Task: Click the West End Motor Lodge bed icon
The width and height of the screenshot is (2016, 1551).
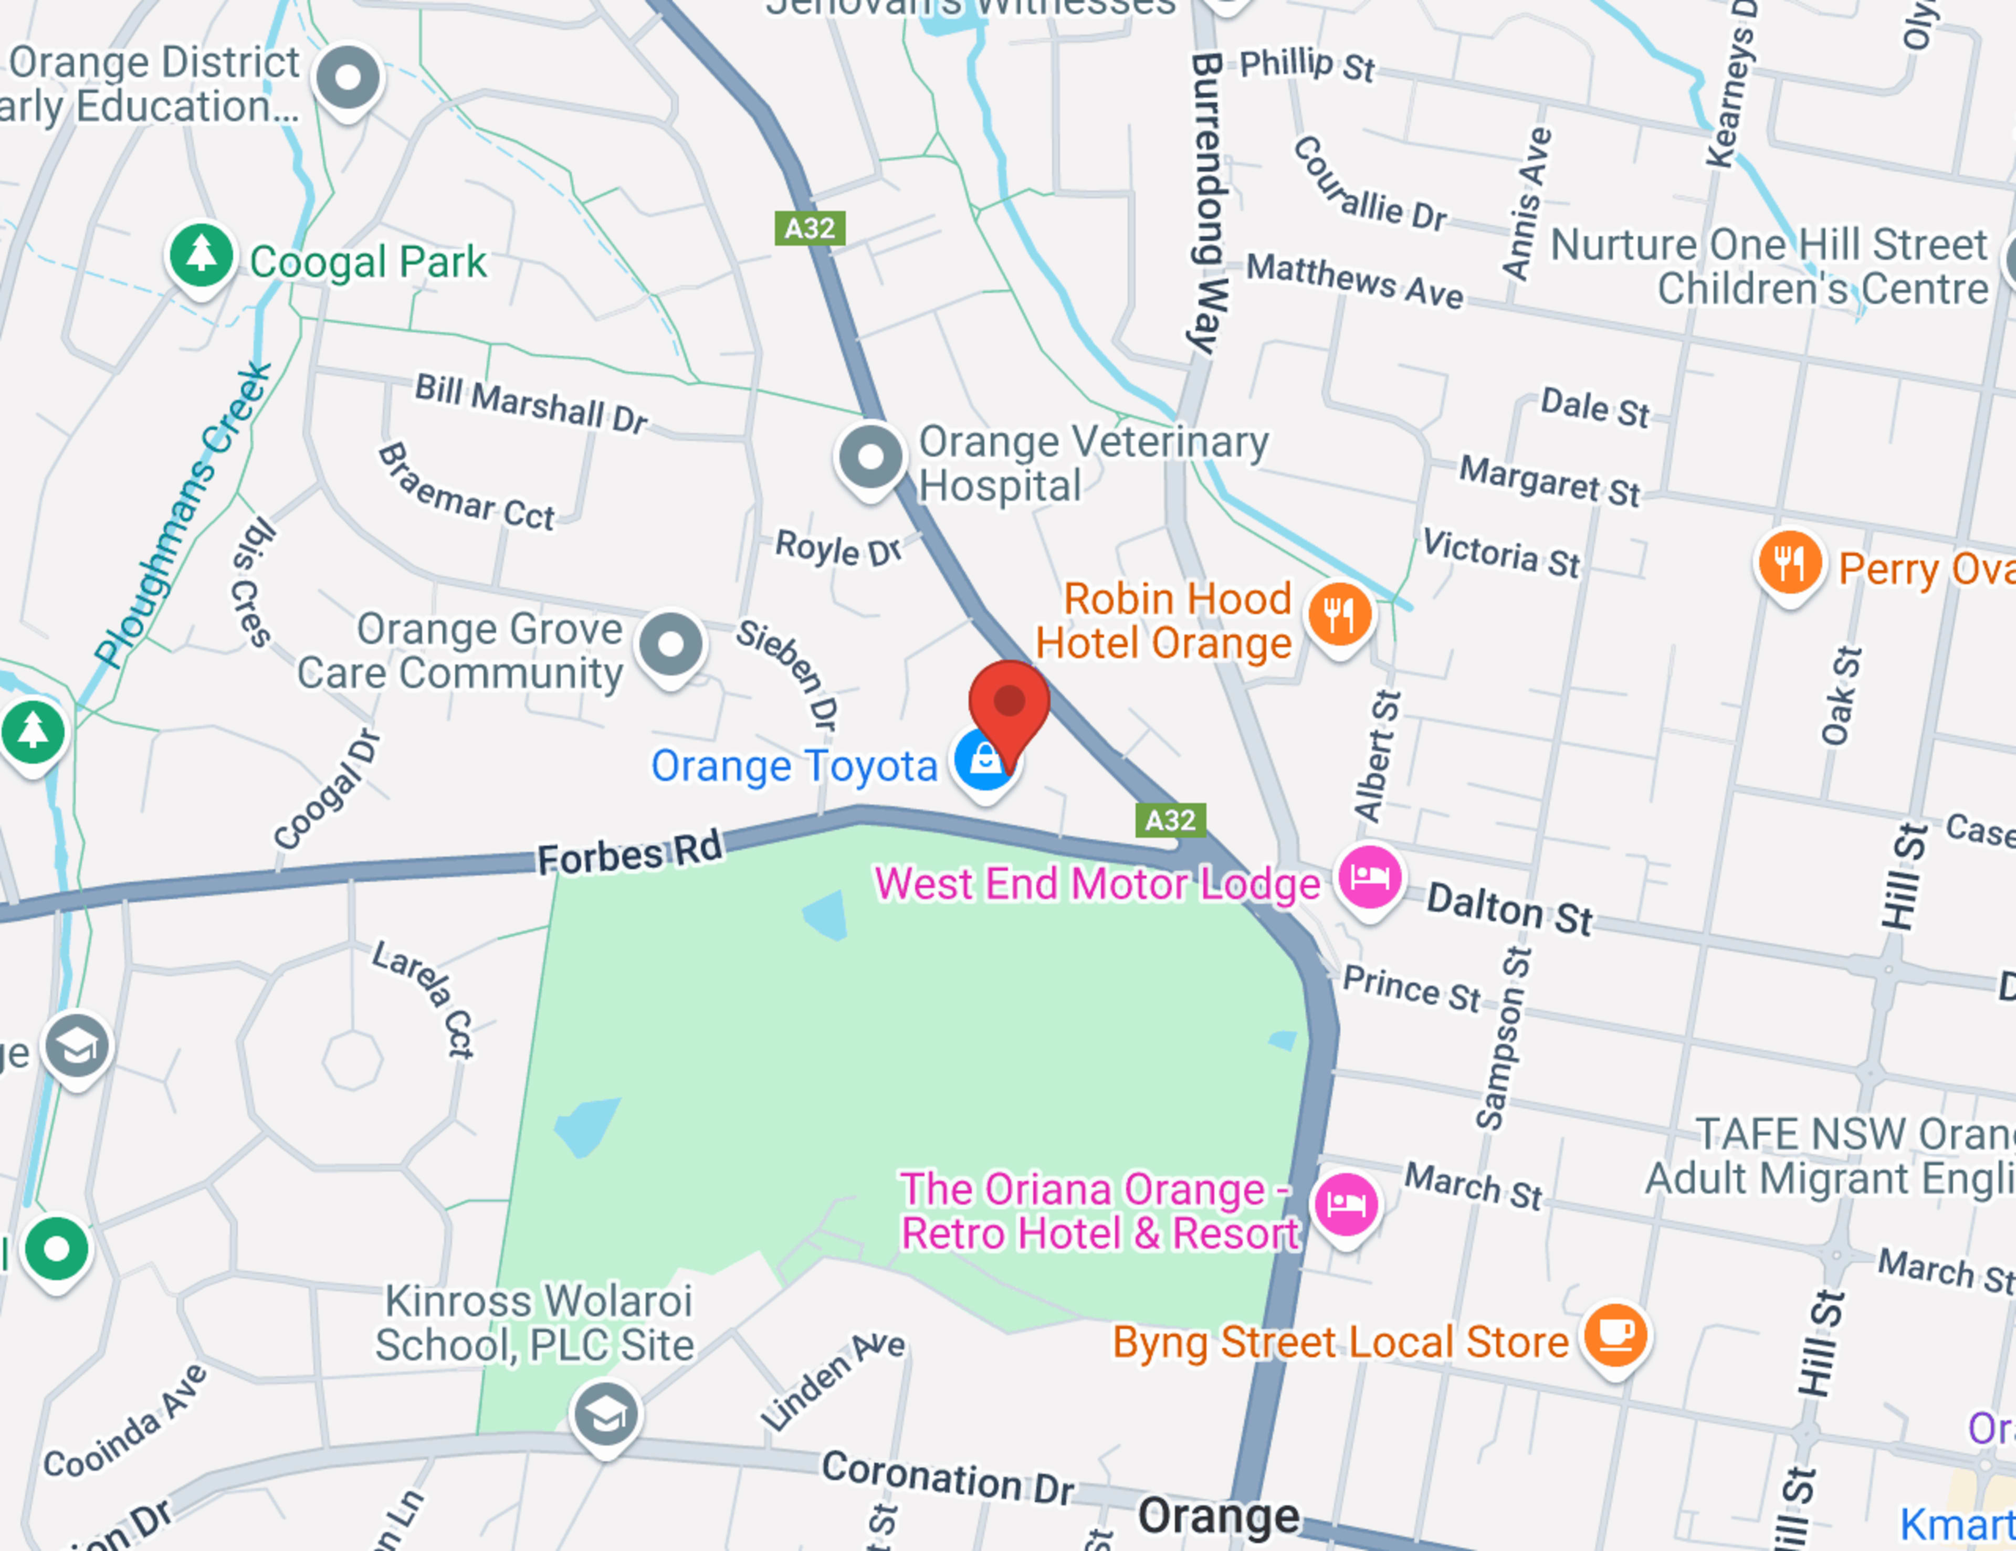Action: point(1370,877)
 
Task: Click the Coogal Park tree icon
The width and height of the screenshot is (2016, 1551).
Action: point(201,255)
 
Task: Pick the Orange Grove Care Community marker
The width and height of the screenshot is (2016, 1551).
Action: point(671,644)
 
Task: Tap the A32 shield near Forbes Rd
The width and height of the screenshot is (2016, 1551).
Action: point(1170,819)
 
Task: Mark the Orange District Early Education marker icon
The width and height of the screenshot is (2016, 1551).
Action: point(348,78)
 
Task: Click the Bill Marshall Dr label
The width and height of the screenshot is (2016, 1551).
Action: point(531,402)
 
